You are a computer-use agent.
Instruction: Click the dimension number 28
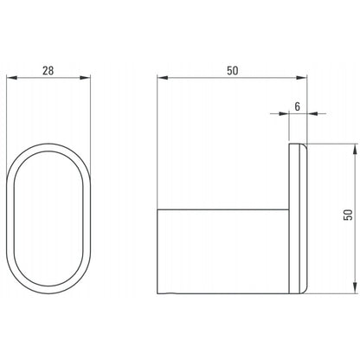[48, 71]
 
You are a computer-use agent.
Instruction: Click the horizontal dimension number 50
[233, 71]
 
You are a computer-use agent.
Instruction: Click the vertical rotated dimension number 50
[348, 215]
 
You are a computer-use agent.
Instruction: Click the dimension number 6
[298, 106]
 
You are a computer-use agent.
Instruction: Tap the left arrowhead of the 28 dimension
[12, 78]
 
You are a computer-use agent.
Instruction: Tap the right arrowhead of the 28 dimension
[85, 78]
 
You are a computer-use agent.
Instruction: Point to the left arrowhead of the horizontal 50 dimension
[163, 78]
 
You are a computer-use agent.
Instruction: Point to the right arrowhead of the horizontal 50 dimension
[302, 78]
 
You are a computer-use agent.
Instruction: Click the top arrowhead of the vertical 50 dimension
[354, 149]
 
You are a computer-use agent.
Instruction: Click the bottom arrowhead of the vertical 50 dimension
[354, 288]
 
